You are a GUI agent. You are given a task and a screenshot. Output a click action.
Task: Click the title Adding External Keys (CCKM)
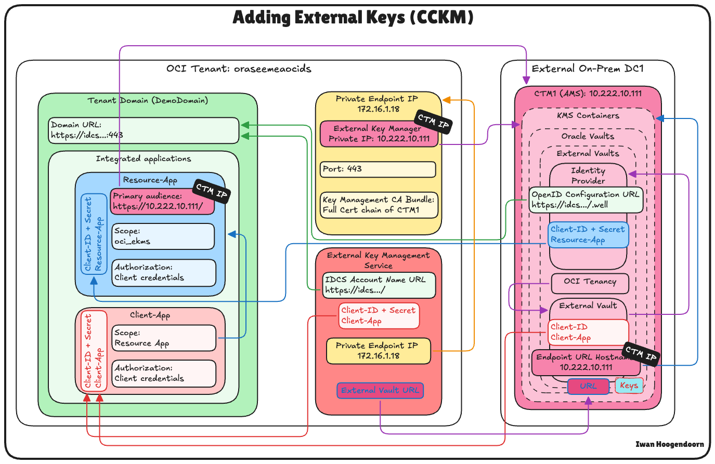(353, 18)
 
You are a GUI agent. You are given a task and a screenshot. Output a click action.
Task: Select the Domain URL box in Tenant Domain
(144, 130)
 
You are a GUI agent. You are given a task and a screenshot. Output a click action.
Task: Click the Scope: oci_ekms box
(163, 236)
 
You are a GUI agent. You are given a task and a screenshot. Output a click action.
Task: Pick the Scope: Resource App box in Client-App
(164, 338)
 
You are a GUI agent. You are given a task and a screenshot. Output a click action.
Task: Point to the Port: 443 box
(378, 169)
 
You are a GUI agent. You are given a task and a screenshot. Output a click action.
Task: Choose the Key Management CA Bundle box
(379, 205)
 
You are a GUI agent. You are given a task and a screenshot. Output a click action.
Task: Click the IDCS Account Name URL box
(379, 285)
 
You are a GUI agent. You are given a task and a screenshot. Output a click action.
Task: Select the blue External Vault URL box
(380, 391)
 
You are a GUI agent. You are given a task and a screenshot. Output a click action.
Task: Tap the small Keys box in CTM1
(629, 386)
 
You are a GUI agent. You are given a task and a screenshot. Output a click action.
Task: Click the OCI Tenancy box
(590, 282)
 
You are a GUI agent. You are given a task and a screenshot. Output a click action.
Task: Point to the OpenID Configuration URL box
(586, 200)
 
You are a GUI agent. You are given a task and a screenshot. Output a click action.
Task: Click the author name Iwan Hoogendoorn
(669, 444)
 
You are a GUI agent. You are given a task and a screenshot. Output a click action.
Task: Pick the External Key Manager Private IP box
(379, 134)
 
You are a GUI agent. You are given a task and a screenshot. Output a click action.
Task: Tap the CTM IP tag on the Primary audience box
(212, 191)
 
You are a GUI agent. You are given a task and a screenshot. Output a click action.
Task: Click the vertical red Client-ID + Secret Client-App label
(94, 351)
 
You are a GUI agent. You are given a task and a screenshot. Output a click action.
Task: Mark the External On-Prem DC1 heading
(587, 69)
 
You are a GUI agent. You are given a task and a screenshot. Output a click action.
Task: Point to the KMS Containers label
(588, 116)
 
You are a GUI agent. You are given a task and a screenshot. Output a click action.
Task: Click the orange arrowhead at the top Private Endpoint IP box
(446, 99)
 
